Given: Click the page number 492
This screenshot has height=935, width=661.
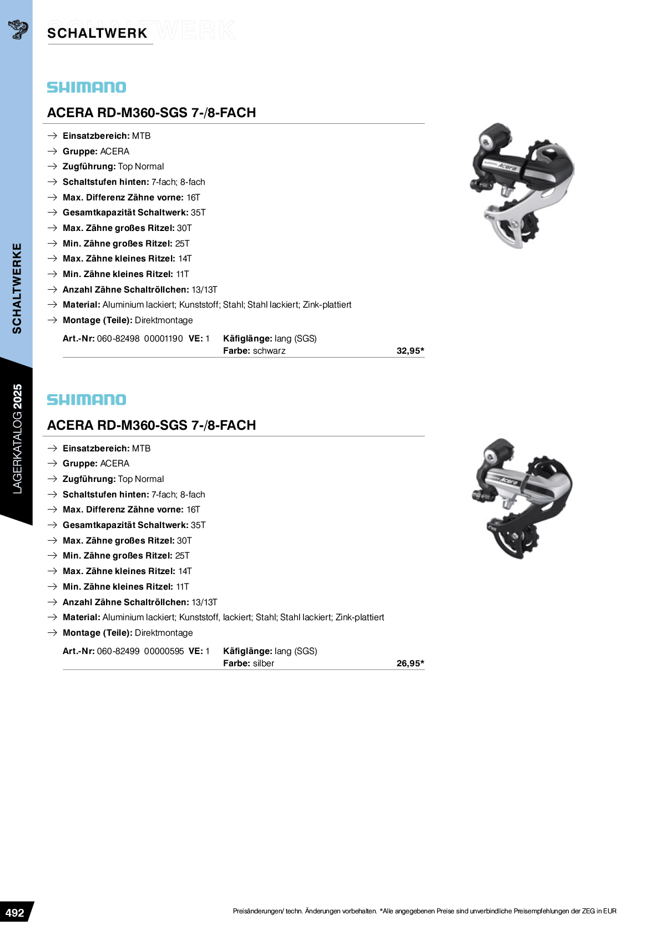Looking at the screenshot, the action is click(x=14, y=912).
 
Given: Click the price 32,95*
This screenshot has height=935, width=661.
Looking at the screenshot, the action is click(x=410, y=351).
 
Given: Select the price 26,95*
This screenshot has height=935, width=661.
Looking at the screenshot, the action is click(x=410, y=663).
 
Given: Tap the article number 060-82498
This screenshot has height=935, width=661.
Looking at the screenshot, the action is click(x=118, y=339).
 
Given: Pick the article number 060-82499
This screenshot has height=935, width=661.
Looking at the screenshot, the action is click(x=118, y=651).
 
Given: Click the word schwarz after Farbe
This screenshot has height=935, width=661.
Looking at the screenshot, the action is click(x=269, y=351).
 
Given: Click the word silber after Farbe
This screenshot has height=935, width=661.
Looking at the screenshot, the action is click(x=263, y=663).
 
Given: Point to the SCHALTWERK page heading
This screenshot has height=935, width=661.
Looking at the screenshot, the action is click(x=97, y=33).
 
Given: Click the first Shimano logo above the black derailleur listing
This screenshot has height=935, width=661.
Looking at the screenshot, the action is click(x=87, y=87).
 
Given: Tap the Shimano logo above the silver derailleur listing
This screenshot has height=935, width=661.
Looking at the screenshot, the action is click(x=87, y=399).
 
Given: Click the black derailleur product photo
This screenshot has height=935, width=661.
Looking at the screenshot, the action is click(x=522, y=185).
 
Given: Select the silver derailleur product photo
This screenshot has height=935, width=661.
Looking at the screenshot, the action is click(x=522, y=499).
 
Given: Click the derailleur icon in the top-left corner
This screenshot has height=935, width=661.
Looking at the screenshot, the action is click(x=18, y=29).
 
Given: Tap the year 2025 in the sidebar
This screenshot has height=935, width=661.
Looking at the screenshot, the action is click(x=17, y=396).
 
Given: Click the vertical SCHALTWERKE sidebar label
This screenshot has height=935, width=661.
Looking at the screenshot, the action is click(x=17, y=288).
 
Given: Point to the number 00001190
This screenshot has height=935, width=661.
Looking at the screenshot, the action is click(x=164, y=339).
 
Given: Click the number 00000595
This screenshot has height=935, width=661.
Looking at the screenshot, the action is click(x=164, y=651).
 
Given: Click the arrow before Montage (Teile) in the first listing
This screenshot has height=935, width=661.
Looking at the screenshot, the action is click(x=52, y=320).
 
